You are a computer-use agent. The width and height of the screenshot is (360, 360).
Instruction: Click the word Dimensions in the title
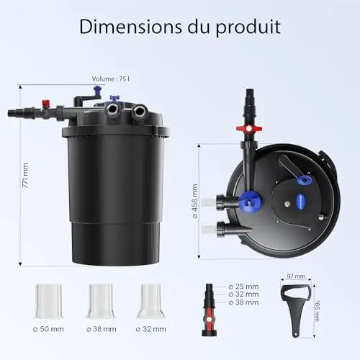[131, 27]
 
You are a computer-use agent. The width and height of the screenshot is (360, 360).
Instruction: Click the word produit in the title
[248, 27]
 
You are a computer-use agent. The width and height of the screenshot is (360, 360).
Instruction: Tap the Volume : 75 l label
[111, 78]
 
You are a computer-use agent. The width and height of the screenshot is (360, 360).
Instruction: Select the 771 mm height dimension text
[25, 176]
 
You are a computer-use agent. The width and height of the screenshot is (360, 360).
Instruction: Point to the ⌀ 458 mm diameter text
[195, 201]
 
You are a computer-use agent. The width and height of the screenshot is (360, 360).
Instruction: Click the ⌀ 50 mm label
[48, 329]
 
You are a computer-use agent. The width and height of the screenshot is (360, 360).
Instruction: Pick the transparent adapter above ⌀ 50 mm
[48, 301]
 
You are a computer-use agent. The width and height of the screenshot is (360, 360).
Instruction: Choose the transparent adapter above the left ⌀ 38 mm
[101, 301]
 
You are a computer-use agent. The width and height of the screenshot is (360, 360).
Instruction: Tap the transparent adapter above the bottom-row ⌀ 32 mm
[150, 301]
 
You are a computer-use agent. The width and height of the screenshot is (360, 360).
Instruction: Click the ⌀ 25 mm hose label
[243, 287]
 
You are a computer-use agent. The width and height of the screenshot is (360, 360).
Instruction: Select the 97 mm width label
[296, 276]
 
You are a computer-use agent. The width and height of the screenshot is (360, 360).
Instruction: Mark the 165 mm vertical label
[317, 311]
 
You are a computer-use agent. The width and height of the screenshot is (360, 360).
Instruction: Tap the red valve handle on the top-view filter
[249, 128]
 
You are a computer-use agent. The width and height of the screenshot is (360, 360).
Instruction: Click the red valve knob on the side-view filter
[46, 103]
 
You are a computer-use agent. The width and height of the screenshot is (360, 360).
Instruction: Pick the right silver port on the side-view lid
[139, 112]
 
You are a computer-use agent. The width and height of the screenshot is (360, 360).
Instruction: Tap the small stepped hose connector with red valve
[210, 310]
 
